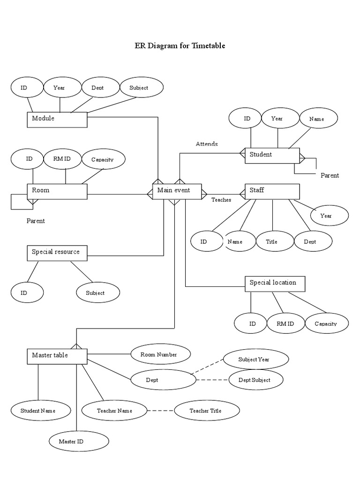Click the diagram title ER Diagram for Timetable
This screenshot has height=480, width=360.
(180, 45)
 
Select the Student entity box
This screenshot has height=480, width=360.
(272, 155)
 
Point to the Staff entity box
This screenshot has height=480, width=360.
(272, 191)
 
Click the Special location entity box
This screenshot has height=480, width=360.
(275, 283)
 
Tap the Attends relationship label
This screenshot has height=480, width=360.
(207, 144)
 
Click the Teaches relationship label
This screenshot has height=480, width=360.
(221, 200)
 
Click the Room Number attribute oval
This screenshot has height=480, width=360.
(159, 355)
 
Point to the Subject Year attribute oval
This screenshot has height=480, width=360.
(254, 360)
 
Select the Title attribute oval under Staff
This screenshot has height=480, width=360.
(272, 241)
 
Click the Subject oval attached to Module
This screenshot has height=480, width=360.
(139, 88)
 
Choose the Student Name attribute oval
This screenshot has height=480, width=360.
(38, 411)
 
